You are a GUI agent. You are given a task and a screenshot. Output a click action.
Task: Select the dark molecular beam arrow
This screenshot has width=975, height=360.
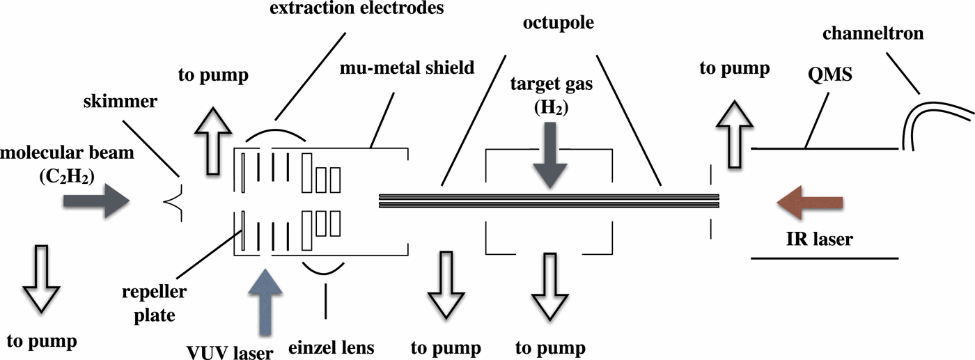click(x=96, y=201)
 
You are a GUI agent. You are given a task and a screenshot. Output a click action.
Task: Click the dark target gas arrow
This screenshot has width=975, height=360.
click(x=549, y=155)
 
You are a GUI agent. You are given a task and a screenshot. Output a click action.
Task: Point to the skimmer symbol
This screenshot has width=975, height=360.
click(x=173, y=201)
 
